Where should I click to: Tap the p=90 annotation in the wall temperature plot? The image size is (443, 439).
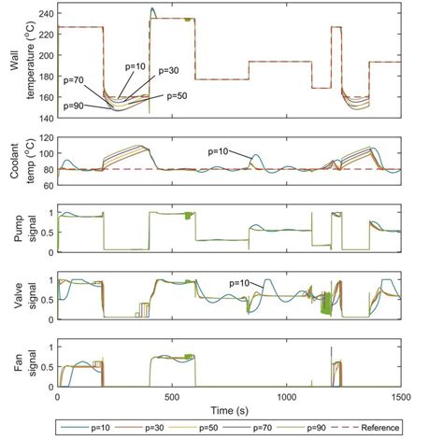click(x=78, y=106)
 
